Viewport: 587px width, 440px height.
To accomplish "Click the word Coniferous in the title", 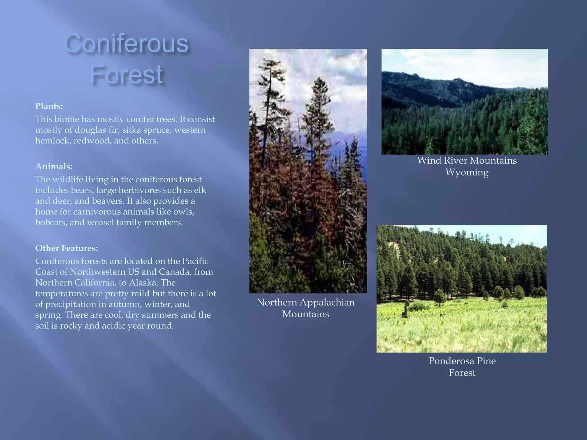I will [x=127, y=44].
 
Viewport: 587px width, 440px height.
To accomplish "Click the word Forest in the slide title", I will [x=127, y=75].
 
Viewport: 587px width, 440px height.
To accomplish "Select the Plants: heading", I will [x=49, y=106].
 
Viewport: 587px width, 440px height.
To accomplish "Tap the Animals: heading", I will [x=54, y=166].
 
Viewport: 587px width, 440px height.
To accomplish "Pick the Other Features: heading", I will [x=66, y=248].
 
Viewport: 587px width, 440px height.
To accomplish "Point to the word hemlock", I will [x=52, y=141].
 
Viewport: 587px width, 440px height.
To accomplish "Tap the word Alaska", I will [x=142, y=283].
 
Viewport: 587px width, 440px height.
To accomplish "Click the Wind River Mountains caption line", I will [x=467, y=160].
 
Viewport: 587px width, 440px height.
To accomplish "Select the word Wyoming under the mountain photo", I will [x=467, y=172].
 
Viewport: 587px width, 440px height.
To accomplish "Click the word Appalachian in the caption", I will [x=327, y=302].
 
